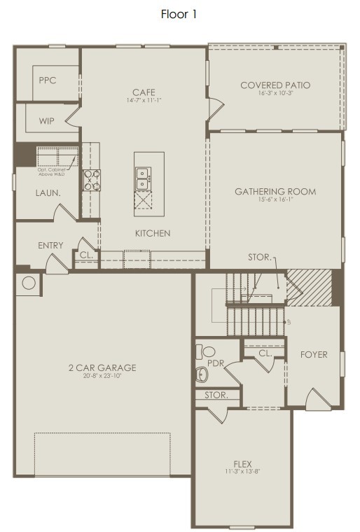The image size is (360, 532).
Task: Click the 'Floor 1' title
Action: click(179, 14)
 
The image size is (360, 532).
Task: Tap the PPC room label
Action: click(48, 80)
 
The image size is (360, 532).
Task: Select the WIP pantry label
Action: click(47, 120)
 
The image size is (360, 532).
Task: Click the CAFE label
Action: click(144, 92)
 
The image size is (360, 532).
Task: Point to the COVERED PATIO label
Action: click(275, 85)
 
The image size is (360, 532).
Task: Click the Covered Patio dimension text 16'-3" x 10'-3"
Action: click(275, 94)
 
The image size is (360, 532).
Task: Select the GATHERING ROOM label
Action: click(275, 191)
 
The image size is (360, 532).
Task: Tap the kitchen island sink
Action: click(143, 179)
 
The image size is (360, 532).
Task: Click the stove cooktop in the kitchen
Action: click(92, 180)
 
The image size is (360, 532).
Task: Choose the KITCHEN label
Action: click(153, 233)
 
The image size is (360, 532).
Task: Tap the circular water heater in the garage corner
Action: click(29, 283)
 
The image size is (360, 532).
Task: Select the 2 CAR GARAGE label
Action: click(102, 367)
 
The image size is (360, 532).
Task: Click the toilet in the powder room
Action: click(208, 351)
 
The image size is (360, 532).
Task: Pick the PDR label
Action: click(205, 363)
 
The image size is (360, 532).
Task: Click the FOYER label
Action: click(313, 354)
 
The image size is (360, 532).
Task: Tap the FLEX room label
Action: click(242, 463)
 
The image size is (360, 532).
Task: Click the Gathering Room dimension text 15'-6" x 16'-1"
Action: click(275, 200)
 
